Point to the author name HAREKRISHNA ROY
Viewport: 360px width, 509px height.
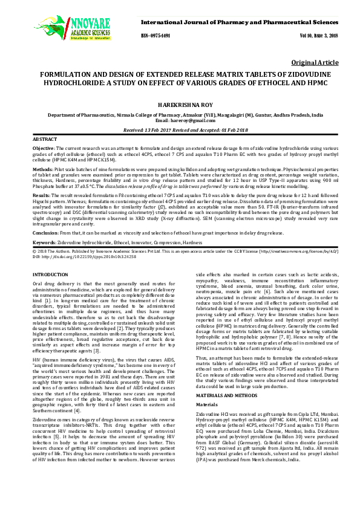180,103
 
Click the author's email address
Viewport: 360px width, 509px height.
180,120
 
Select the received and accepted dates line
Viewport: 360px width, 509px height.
180,130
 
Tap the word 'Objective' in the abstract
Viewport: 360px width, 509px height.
44,149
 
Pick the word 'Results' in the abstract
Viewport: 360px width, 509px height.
41,196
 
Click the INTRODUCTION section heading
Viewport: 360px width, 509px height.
51,275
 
